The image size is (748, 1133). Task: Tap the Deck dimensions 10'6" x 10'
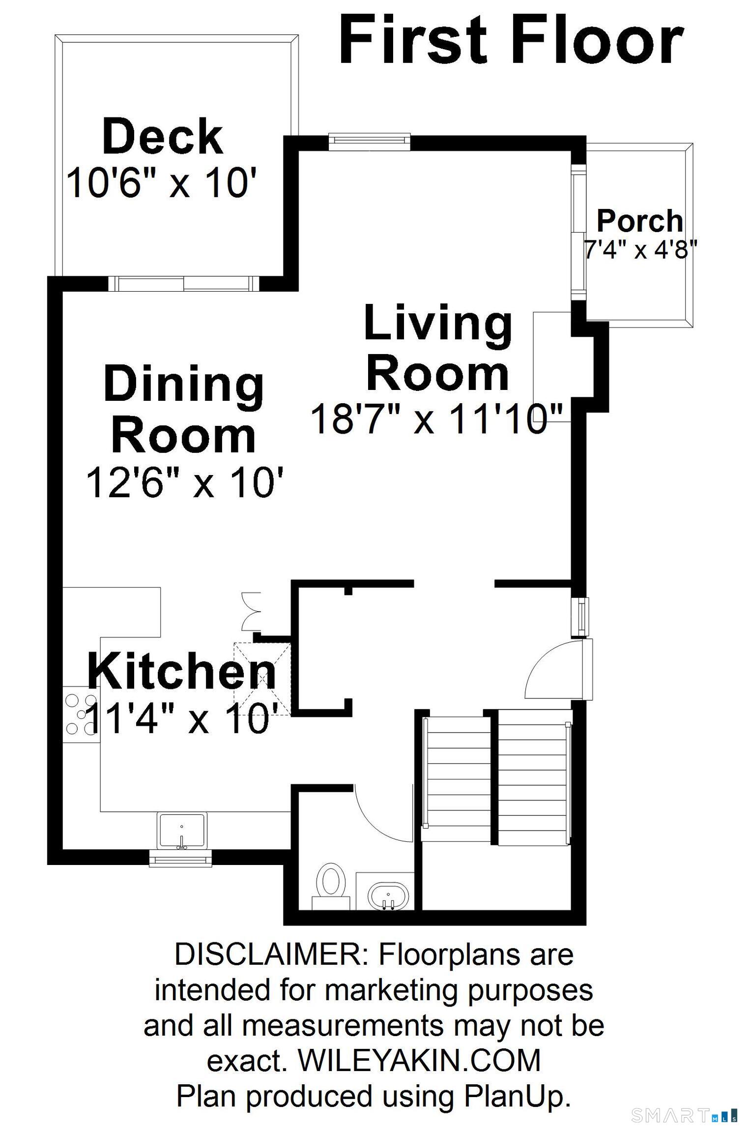(162, 183)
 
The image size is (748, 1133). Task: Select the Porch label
(640, 221)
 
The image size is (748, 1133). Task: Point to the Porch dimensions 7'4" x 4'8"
(640, 250)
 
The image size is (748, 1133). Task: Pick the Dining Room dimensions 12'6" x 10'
(185, 482)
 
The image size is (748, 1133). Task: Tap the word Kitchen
(182, 672)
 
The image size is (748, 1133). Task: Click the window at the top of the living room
(369, 141)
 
